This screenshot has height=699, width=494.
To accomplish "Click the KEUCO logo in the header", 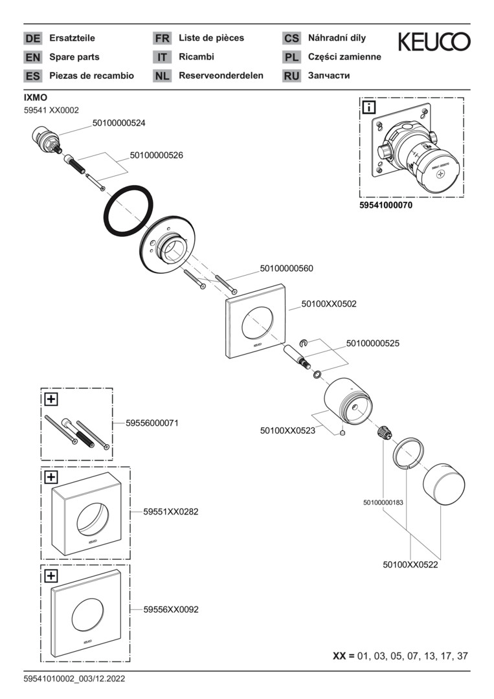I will point(434,42).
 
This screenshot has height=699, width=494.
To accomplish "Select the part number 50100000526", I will point(157,155).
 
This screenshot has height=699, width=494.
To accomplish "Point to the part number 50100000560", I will point(287,268).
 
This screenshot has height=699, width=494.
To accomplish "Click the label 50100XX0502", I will point(329,303).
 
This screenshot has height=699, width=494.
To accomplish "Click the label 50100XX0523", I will point(287,430).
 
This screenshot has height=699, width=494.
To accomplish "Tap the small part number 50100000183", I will point(384,502).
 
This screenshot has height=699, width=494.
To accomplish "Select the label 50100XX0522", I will point(410,565).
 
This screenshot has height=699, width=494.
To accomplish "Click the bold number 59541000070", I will point(385,205).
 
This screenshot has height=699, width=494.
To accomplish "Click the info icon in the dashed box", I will point(368,107).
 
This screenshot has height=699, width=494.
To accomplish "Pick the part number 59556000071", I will point(152,423).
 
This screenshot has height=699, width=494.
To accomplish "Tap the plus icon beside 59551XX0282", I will point(51,477).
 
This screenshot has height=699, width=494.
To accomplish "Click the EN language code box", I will point(32,57).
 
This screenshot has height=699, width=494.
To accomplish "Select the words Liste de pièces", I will point(211,38).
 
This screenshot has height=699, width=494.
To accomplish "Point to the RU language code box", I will point(291,76).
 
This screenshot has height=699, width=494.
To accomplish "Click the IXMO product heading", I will point(35,98).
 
